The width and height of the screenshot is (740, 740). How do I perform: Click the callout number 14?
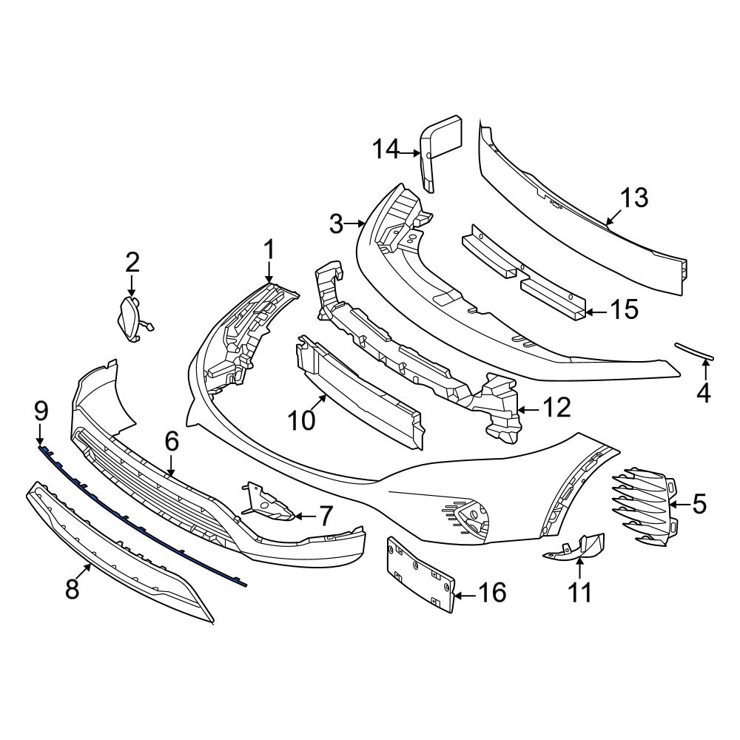pyautogui.click(x=386, y=150)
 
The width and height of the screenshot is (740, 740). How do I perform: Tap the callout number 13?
pyautogui.click(x=634, y=198)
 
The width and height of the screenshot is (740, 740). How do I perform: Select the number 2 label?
pyautogui.click(x=132, y=263)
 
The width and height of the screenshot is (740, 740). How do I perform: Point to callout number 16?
pyautogui.click(x=492, y=592)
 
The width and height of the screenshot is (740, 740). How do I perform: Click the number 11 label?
pyautogui.click(x=579, y=593)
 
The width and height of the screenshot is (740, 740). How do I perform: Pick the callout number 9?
pyautogui.click(x=41, y=411)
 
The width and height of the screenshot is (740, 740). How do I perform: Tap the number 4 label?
pyautogui.click(x=704, y=393)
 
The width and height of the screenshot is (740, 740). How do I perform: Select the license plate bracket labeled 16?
pyautogui.click(x=420, y=574)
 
